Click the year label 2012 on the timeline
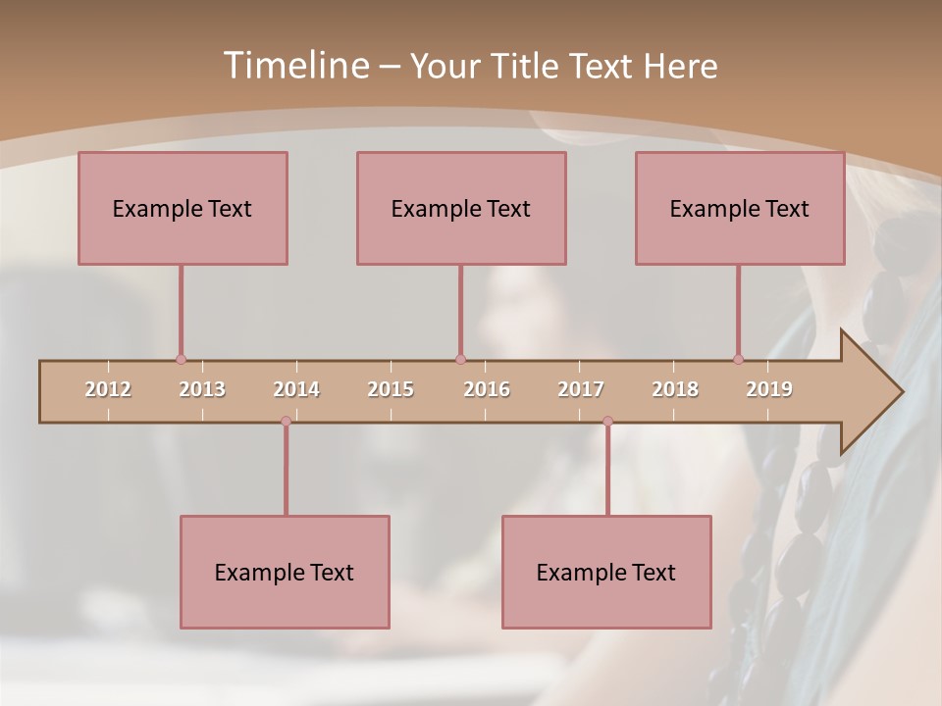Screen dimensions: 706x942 tap(108, 389)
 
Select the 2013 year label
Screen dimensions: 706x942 tap(202, 389)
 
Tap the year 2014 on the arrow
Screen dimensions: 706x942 tap(296, 389)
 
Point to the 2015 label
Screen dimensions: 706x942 tap(391, 389)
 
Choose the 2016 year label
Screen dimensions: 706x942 tap(487, 389)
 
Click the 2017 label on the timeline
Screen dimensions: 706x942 tap(581, 389)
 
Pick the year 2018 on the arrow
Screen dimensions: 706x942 tap(675, 389)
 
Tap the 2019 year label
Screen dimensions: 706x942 tap(769, 389)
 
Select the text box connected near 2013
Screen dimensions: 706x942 tap(183, 208)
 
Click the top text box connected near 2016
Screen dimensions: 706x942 tap(461, 208)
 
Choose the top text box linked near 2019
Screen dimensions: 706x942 tap(740, 208)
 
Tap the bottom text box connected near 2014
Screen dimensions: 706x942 tap(285, 572)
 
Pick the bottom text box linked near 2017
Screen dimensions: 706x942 tap(606, 572)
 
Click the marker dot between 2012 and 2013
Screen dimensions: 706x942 tap(181, 360)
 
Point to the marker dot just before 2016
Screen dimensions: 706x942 tap(460, 360)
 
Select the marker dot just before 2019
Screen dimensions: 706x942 tap(738, 360)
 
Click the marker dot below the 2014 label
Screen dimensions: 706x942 tap(286, 422)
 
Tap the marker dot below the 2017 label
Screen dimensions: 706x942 tap(607, 422)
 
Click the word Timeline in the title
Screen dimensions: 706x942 tap(294, 66)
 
